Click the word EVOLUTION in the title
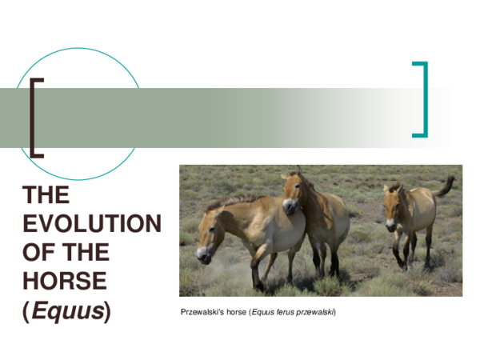click(x=91, y=224)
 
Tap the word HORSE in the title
click(x=64, y=281)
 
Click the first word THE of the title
click(x=46, y=195)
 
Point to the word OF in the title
click(x=40, y=253)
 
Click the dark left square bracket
click(x=36, y=117)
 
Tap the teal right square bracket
click(x=421, y=99)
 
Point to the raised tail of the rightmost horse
click(x=445, y=186)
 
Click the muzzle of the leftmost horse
click(x=203, y=256)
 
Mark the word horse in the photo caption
click(x=236, y=311)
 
